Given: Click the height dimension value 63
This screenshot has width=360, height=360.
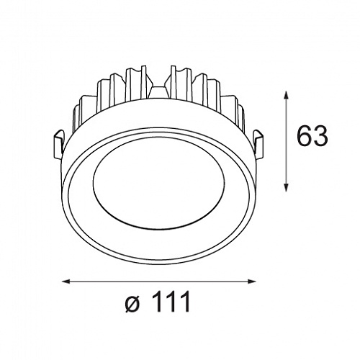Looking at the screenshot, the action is point(312,135).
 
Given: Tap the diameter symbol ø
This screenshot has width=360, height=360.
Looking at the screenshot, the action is point(132,303).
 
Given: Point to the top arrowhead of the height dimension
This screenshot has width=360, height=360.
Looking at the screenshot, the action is point(286,96).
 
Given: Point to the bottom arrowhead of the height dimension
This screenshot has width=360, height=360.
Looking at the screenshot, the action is point(286,187).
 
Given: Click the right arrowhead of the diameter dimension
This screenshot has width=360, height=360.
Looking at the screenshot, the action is point(251,282).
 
